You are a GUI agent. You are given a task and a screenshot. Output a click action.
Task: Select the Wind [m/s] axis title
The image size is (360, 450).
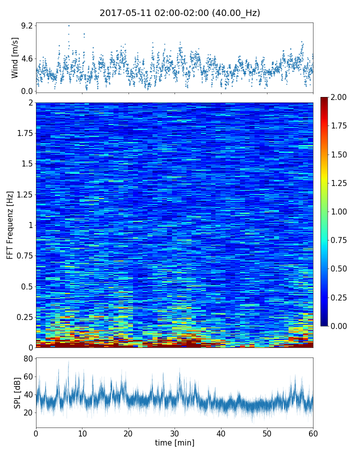pos(15,57)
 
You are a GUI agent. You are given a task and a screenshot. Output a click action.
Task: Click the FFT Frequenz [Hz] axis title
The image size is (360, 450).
pos(10,225)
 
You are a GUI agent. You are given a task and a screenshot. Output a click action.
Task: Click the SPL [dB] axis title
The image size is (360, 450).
pos(17,392)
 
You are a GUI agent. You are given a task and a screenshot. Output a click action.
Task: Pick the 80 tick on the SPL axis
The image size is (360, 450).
pos(28,358)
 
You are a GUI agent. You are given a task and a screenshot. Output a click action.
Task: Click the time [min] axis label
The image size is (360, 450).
pos(174,442)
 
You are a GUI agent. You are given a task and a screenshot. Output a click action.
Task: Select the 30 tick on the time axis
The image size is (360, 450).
pos(174,432)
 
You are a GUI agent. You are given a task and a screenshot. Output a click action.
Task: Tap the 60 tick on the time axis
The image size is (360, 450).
pos(313,432)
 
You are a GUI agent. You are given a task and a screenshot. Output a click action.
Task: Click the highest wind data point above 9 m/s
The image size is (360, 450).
pos(69,25)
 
